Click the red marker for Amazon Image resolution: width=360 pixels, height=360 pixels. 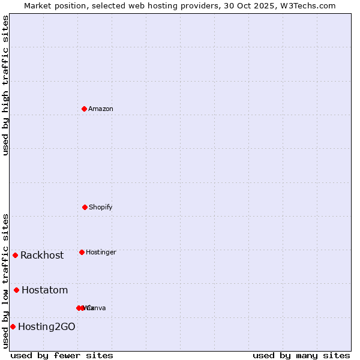[84, 109]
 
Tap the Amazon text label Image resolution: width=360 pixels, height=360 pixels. [101, 109]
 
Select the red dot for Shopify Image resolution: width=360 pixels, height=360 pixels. [85, 207]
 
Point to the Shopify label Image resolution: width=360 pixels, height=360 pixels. [101, 208]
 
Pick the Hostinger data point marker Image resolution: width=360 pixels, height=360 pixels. [82, 252]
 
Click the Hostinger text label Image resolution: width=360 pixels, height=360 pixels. [101, 253]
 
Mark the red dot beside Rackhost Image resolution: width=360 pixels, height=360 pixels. [15, 255]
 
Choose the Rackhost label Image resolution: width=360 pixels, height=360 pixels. [42, 256]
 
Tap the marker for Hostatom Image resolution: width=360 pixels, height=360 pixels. [16, 290]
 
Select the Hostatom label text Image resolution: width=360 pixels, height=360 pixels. [45, 290]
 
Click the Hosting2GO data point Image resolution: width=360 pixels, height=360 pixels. [13, 326]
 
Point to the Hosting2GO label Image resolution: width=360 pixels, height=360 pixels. [47, 327]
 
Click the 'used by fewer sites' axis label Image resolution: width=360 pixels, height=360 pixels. [62, 355]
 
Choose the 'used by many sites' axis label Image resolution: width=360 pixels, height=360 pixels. [301, 355]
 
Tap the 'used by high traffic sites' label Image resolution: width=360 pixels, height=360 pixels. [5, 85]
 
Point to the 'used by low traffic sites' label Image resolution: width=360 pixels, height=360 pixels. [5, 281]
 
